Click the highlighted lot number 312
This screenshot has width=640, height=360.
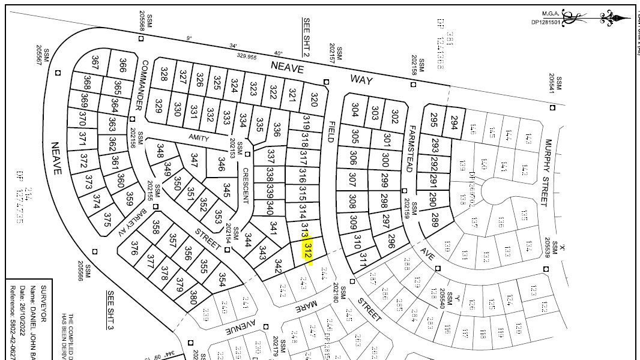pyautogui.click(x=308, y=251)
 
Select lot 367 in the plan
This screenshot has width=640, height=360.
pyautogui.click(x=95, y=62)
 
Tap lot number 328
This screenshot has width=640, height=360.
pyautogui.click(x=163, y=74)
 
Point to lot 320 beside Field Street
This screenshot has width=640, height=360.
pyautogui.click(x=313, y=99)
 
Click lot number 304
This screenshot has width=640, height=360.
pyautogui.click(x=355, y=110)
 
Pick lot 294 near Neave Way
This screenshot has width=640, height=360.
pyautogui.click(x=454, y=122)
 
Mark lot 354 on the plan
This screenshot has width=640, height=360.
pyautogui.click(x=222, y=280)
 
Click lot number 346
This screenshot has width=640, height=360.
pyautogui.click(x=222, y=164)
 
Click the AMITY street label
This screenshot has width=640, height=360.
pyautogui.click(x=199, y=138)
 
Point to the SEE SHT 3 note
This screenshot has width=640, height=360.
pyautogui.click(x=110, y=310)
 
